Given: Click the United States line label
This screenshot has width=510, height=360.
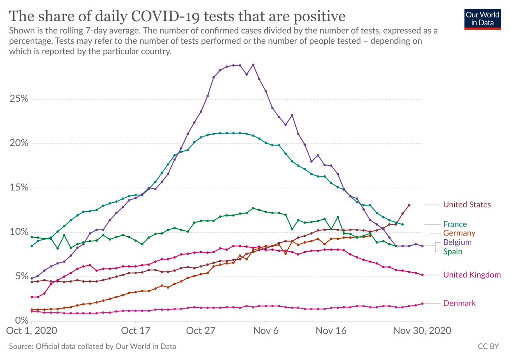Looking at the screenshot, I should (467, 204).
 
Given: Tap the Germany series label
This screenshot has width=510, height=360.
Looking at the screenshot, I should (459, 233).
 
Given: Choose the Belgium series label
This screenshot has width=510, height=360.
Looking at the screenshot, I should (457, 242).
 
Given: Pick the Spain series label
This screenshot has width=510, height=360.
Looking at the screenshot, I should (453, 251).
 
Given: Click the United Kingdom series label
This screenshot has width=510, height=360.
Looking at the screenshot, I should (472, 275).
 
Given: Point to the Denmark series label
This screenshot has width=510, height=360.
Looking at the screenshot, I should (459, 303).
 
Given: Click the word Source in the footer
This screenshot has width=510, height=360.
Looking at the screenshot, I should (20, 346).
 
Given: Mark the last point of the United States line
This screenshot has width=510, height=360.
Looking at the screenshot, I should (409, 205).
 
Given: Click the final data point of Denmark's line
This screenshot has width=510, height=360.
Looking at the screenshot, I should (422, 303).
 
